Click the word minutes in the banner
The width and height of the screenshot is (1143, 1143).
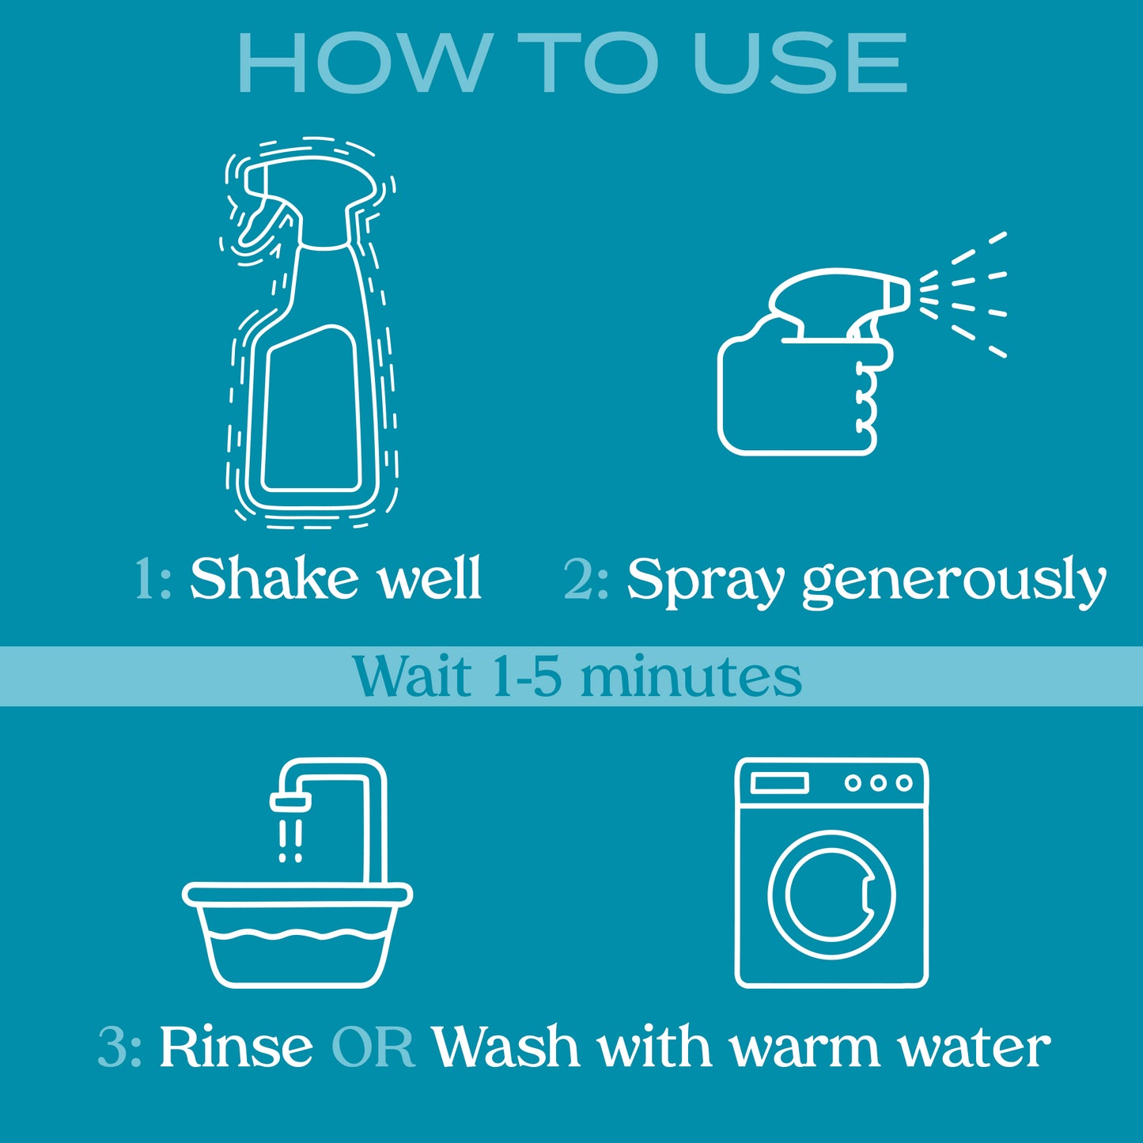click(x=691, y=676)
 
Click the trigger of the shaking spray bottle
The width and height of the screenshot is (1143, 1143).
click(x=262, y=224)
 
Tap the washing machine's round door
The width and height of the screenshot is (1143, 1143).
click(x=831, y=894)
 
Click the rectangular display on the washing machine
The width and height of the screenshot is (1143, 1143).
click(x=779, y=783)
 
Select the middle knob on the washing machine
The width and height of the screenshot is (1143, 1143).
click(x=879, y=783)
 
